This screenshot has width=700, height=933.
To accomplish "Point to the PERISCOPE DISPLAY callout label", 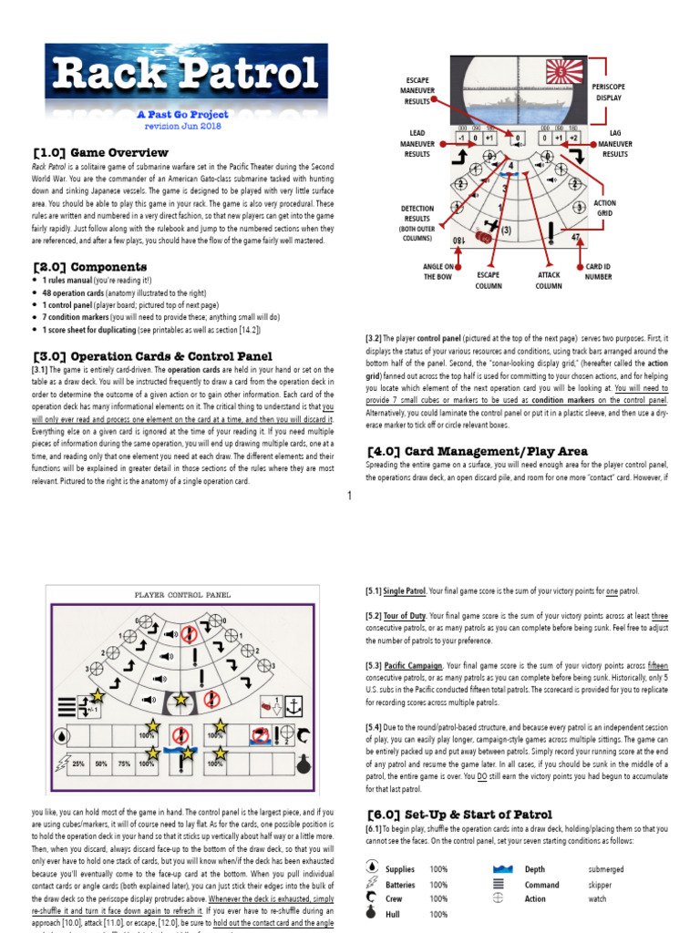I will (609, 90).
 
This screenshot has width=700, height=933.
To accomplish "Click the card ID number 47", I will (576, 238).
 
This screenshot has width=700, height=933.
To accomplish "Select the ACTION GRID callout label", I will (604, 209).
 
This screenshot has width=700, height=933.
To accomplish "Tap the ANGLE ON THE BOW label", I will (438, 272).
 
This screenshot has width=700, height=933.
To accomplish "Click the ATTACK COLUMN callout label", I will (548, 280).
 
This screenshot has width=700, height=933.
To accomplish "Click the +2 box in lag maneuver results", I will (572, 138).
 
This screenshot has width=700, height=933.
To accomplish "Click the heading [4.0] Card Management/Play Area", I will (477, 451).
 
